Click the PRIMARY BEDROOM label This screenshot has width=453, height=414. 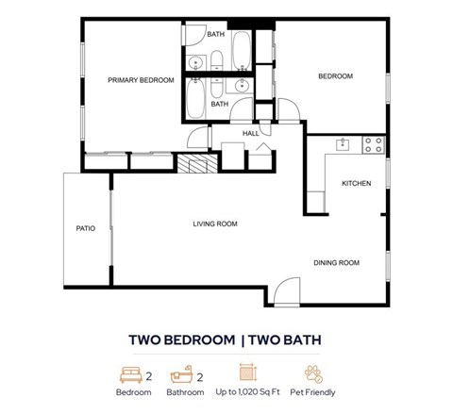point(141,80)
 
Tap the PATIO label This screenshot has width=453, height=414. point(86,228)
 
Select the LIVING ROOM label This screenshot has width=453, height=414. point(214,224)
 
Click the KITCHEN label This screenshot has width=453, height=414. point(356,183)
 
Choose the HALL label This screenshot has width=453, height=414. point(251,133)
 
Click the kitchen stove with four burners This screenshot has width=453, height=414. point(372,145)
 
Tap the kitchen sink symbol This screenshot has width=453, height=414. point(344,144)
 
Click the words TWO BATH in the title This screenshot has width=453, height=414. point(287,338)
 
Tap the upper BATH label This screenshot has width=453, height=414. point(216,35)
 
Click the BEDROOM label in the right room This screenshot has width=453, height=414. point(334,76)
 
